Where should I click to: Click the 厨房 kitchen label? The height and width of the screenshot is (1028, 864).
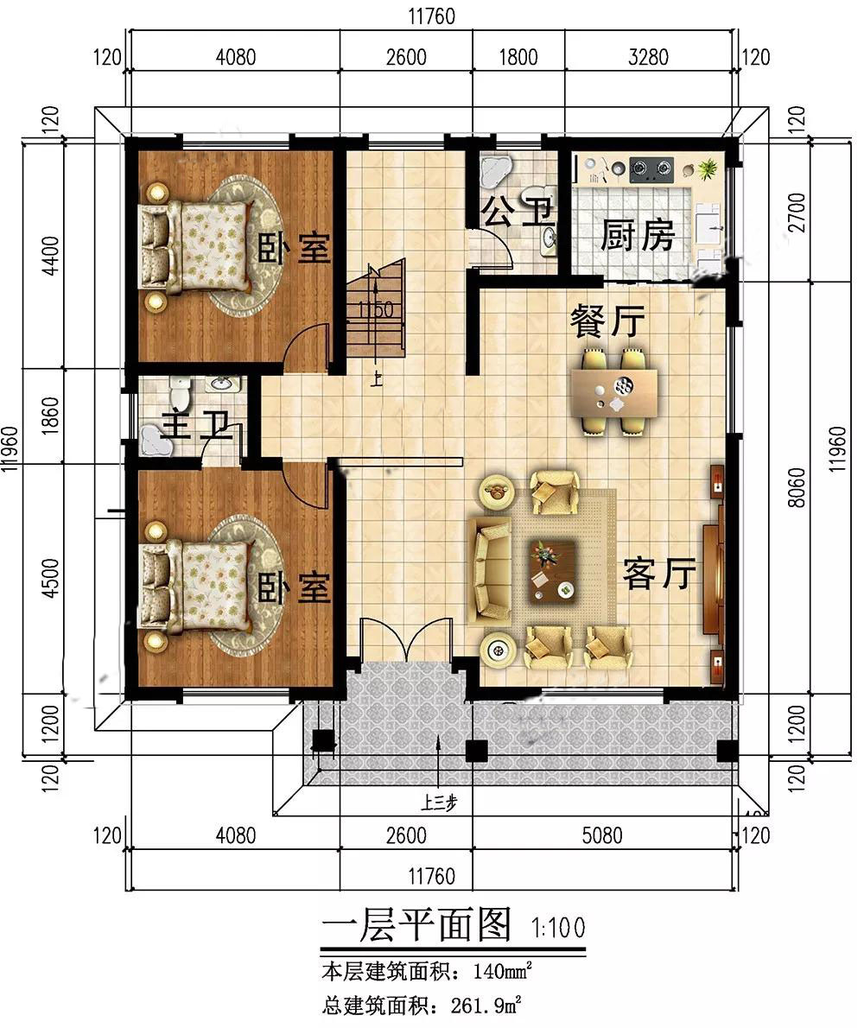[x=637, y=235]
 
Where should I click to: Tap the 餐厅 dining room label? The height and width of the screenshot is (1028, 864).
[x=607, y=320]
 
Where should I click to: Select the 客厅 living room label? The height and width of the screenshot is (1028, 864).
[x=659, y=574]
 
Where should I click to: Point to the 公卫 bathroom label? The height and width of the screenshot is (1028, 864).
[x=518, y=213]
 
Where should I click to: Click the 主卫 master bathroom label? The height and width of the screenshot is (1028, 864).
[x=197, y=426]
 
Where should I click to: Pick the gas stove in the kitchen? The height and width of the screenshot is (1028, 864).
[x=651, y=169]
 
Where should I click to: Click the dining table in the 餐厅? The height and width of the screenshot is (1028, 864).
[x=614, y=393]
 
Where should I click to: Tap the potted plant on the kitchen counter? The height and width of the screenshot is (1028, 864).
[x=707, y=169]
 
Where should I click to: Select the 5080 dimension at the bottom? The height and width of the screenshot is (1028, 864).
[x=602, y=835]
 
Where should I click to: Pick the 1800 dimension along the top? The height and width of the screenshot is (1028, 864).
[x=518, y=57]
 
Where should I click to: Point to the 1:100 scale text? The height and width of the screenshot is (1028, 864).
[x=558, y=928]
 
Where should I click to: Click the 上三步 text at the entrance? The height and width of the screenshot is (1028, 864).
[x=439, y=803]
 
